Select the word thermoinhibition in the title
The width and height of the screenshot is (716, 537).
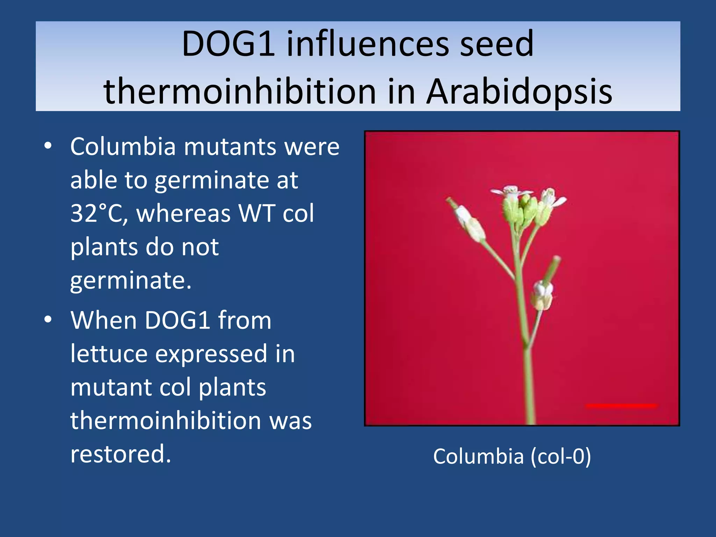tap(239, 92)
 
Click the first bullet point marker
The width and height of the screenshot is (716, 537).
tap(48, 146)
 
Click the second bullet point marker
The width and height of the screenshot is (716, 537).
tap(48, 319)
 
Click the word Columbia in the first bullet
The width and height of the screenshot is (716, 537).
tap(123, 146)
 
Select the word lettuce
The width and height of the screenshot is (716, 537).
tap(109, 354)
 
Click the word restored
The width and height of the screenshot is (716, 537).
tap(121, 454)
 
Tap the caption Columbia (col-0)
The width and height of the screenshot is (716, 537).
tap(512, 457)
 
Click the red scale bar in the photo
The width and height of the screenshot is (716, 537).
tap(621, 406)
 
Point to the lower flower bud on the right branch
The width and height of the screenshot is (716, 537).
tap(542, 295)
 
